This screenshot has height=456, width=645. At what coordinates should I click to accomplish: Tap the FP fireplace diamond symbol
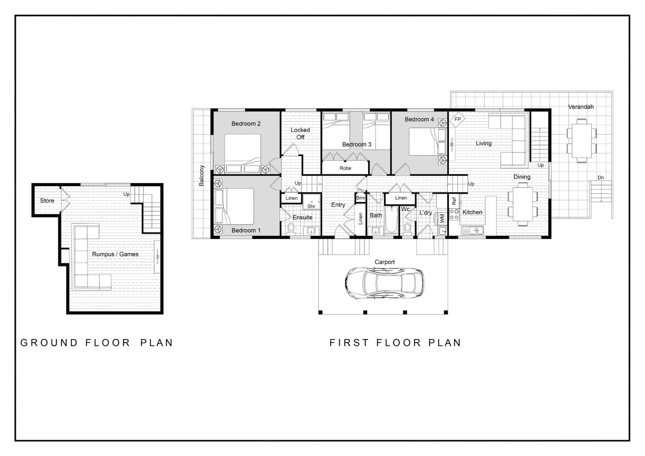[x=457, y=119]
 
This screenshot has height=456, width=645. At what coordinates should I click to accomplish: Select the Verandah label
[x=581, y=107]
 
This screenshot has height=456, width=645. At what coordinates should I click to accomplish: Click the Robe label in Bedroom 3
[x=345, y=168]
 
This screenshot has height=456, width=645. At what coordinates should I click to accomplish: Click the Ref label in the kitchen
[x=454, y=201]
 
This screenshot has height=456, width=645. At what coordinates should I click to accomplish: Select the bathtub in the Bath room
[x=391, y=220]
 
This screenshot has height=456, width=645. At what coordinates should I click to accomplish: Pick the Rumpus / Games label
[x=115, y=254]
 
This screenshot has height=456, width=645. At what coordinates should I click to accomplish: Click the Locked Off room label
[x=300, y=133]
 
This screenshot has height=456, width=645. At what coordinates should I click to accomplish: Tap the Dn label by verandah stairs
[x=601, y=178]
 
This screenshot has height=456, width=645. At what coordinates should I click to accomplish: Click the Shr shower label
[x=311, y=206]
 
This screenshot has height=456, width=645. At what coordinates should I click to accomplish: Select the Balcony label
[x=201, y=176]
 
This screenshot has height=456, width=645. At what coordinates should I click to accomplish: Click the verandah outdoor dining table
[x=582, y=141]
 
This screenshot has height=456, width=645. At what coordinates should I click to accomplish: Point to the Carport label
[x=385, y=262]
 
